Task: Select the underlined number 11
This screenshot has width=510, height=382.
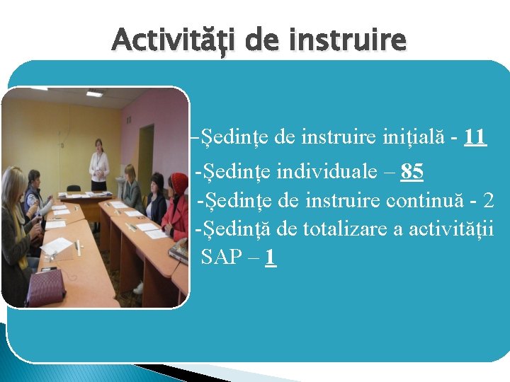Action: (475, 137)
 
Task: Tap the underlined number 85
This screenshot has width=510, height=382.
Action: (412, 171)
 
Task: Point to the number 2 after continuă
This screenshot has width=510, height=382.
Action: (487, 200)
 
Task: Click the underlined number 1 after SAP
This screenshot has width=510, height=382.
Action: (269, 257)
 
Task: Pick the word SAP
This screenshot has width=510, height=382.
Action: (220, 257)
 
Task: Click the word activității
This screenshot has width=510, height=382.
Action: (455, 228)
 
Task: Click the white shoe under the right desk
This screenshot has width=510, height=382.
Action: (139, 287)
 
